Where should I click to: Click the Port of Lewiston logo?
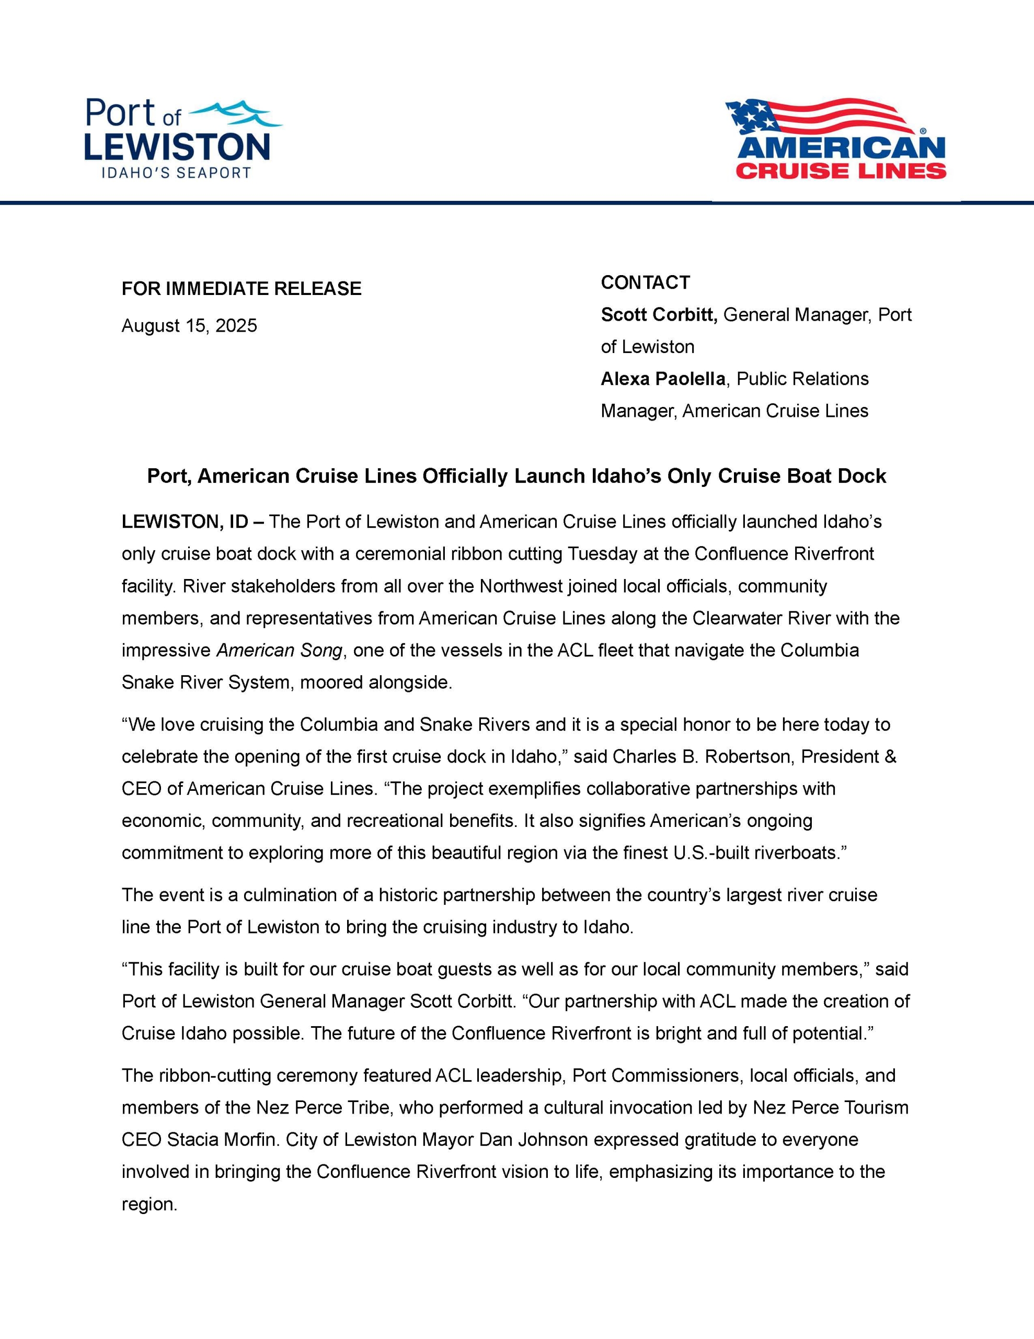point(182,139)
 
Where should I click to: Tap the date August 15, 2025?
point(189,325)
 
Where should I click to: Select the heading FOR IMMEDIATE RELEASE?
point(242,289)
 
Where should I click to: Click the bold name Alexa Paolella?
point(662,379)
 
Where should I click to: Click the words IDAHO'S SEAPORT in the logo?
point(176,173)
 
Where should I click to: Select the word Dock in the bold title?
point(863,476)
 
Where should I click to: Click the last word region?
point(149,1205)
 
